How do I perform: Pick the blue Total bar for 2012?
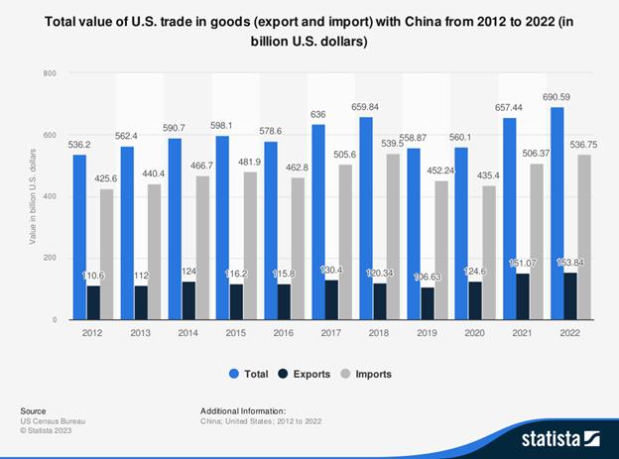click(x=79, y=237)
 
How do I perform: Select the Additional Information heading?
click(x=243, y=409)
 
